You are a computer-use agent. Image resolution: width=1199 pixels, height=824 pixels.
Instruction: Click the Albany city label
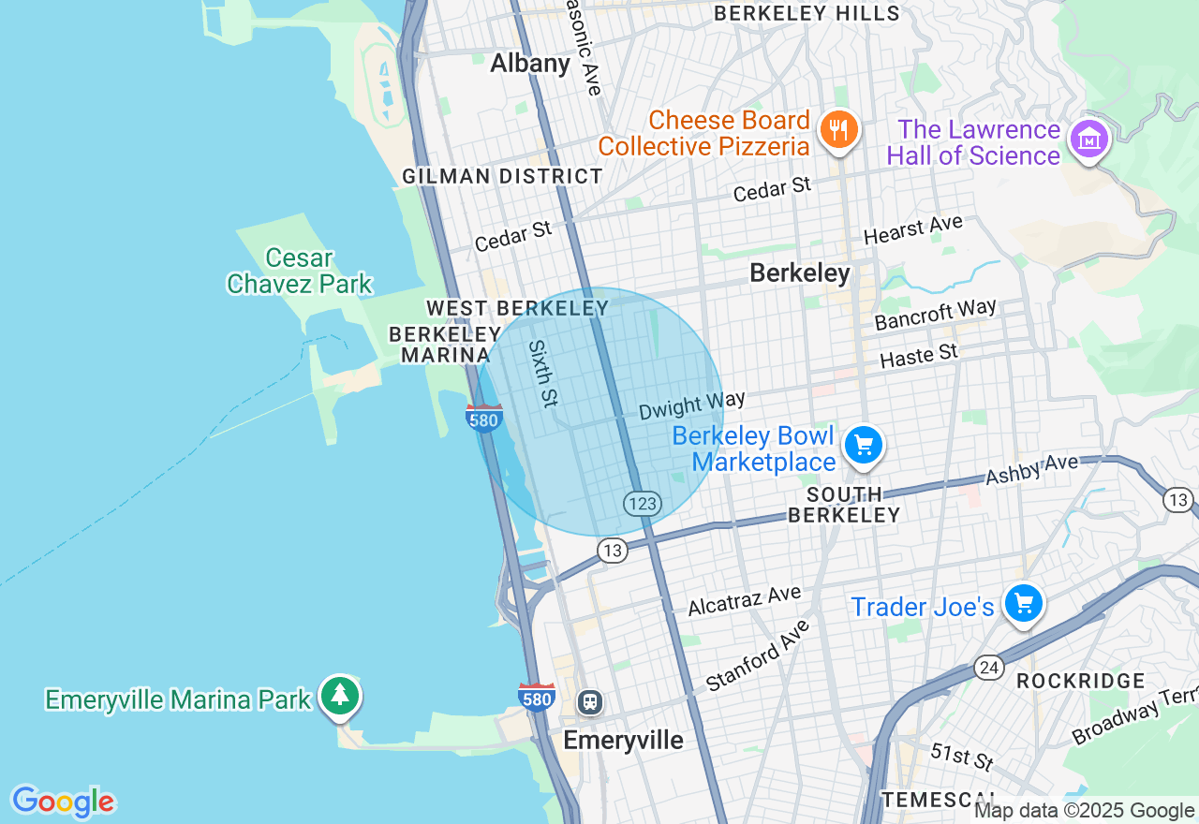pos(530,64)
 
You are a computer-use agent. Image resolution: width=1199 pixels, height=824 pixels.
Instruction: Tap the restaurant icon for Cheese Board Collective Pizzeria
pos(838,129)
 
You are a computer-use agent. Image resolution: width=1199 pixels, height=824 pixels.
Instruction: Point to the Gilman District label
pos(502,176)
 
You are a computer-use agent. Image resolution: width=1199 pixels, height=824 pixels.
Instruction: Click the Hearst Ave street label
pos(912,229)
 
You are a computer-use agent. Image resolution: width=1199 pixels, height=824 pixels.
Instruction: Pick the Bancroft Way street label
pos(935,316)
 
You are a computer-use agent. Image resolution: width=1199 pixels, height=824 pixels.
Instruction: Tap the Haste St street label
pos(919,356)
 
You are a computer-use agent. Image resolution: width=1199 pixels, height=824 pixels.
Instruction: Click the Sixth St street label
pos(542,373)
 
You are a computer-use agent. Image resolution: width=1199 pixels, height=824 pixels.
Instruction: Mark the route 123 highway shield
pos(643,504)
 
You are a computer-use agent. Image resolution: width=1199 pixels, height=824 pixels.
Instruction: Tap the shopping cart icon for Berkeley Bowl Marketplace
pos(863,446)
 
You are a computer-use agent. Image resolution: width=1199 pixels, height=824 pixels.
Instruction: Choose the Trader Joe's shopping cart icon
pos(1023,604)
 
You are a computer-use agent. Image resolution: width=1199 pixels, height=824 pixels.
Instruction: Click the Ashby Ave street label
pos(1031,469)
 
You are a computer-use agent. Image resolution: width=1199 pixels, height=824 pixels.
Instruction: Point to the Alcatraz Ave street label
pos(744,600)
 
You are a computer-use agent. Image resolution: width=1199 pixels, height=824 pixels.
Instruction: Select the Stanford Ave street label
pos(757,655)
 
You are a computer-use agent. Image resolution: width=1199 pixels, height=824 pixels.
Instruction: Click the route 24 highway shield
pos(988,668)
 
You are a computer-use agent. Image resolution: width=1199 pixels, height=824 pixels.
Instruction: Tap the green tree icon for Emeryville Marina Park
pos(339,696)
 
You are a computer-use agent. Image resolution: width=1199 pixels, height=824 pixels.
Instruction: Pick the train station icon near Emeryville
pos(589,700)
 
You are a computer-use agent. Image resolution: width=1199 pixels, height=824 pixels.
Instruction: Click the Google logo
pos(63,802)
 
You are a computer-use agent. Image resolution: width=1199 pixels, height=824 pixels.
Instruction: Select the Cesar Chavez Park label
pos(299,271)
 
